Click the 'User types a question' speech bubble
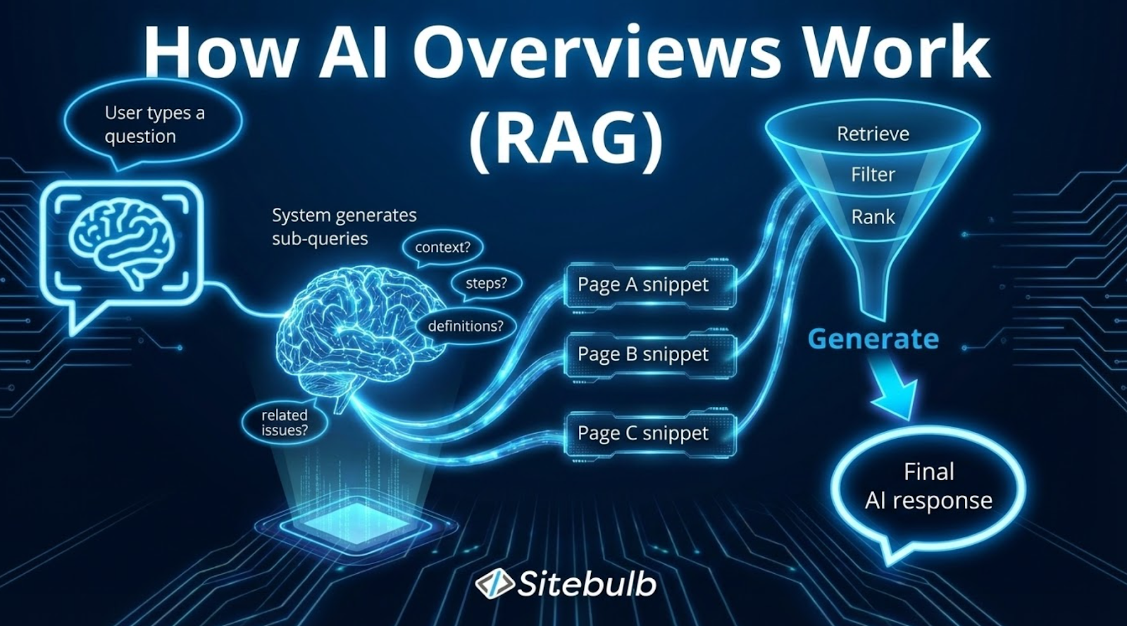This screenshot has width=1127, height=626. (x=154, y=125)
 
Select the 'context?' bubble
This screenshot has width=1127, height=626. (x=442, y=248)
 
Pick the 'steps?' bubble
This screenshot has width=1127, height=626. (x=486, y=284)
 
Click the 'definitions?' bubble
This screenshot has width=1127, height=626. (x=466, y=327)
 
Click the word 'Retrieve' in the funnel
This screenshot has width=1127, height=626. (x=873, y=134)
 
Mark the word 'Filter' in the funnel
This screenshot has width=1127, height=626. (x=873, y=175)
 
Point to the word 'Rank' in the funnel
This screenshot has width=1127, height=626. (x=873, y=217)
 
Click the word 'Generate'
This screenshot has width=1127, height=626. (x=873, y=339)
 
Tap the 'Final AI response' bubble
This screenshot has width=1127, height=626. (x=928, y=487)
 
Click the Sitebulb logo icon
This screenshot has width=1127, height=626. (x=494, y=583)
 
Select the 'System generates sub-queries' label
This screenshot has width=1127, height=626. (x=344, y=227)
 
